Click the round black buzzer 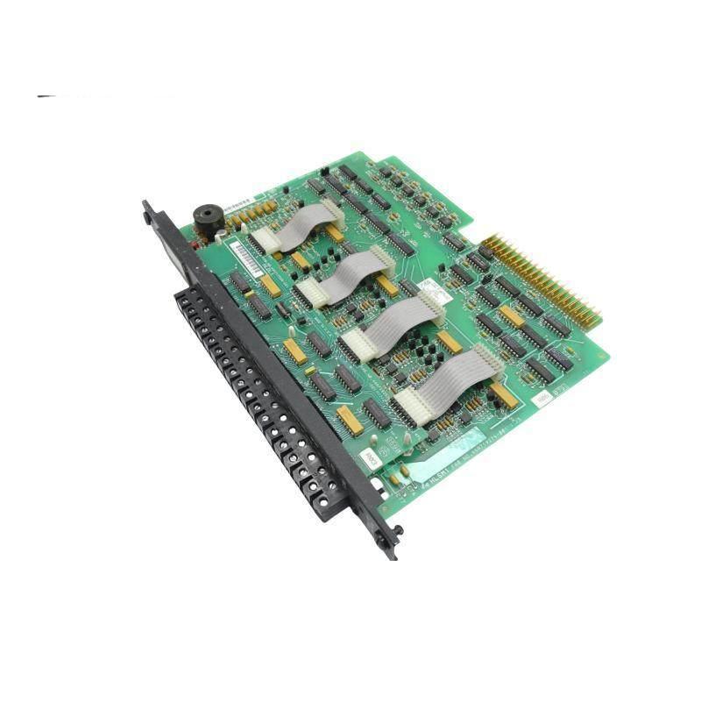click(207, 220)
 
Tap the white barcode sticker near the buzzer click(247, 256)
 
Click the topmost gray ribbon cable click(298, 224)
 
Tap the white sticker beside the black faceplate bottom click(370, 458)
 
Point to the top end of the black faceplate click(147, 212)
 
